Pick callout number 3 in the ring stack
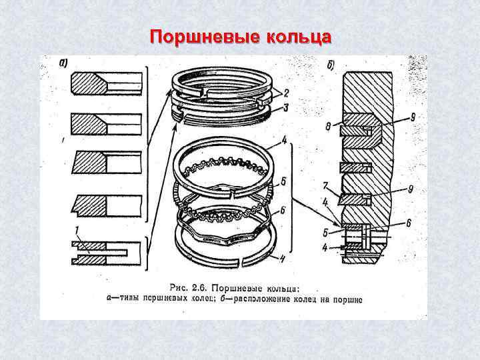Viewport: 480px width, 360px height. click(x=285, y=107)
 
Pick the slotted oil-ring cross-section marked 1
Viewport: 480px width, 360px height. click(x=107, y=253)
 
